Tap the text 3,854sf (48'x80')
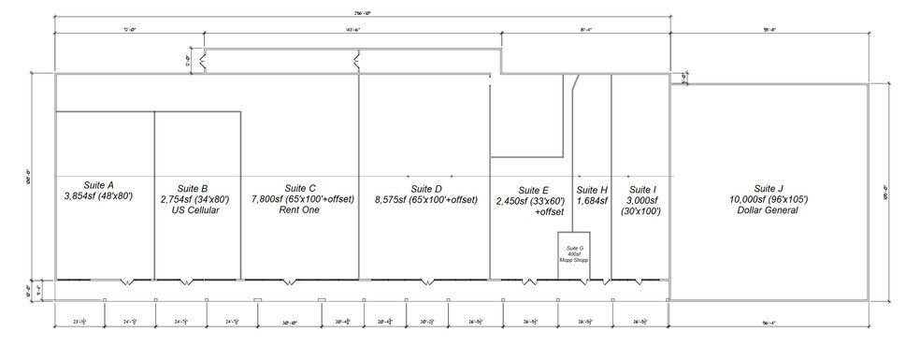98,198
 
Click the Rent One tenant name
299,211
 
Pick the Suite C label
300,188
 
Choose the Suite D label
426,188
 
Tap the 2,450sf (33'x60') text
531,201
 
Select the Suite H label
592,190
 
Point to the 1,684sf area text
592,201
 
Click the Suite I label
640,190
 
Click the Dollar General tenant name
769,211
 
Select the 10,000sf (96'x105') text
769,200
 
